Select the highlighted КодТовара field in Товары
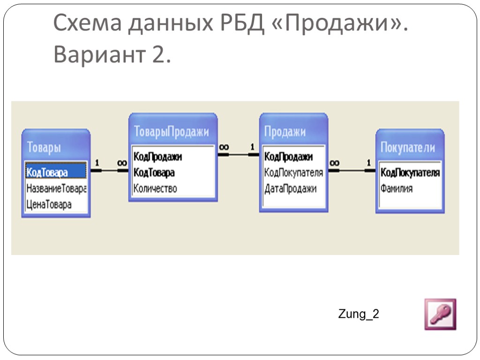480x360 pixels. [x=48, y=172]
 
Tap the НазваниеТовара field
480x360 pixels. [x=56, y=188]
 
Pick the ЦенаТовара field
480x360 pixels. [x=49, y=204]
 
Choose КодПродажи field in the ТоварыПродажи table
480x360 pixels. [x=158, y=157]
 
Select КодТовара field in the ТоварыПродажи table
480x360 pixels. [x=154, y=172]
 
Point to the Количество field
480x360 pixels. [x=156, y=188]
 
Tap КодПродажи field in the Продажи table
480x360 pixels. [x=289, y=157]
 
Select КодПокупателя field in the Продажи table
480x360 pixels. [x=294, y=172]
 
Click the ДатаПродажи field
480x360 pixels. [x=291, y=188]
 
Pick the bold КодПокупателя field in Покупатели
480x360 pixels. [x=410, y=173]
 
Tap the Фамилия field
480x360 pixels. [x=397, y=189]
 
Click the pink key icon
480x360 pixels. [x=440, y=314]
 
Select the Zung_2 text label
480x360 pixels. [x=359, y=314]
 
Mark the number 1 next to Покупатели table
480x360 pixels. [x=368, y=163]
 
